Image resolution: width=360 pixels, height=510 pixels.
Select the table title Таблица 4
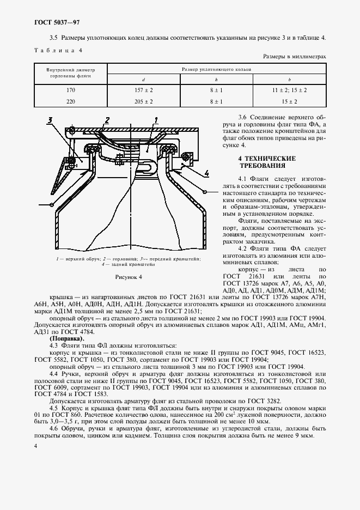57,50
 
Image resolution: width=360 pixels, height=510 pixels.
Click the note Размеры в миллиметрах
294,56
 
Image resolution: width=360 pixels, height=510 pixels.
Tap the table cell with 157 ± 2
144,90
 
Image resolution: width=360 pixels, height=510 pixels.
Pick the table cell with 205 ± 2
144,101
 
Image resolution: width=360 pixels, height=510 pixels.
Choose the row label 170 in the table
70,90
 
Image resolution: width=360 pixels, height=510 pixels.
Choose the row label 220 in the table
70,101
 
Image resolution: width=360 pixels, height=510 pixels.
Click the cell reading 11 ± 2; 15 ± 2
290,90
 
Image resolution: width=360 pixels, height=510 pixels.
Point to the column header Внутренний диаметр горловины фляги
70,74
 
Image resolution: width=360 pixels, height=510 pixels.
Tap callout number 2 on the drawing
107,120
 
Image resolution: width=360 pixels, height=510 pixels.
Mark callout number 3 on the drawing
49,120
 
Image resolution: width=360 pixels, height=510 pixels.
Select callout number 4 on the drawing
207,173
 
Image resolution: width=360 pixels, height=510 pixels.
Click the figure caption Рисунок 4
128,277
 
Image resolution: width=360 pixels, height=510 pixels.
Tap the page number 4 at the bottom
35,446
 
